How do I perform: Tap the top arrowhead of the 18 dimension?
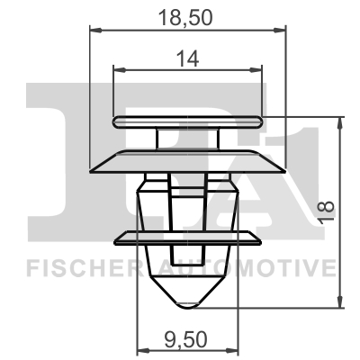(x=340, y=120)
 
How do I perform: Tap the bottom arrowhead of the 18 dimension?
(x=340, y=306)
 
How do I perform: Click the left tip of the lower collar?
(x=118, y=238)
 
